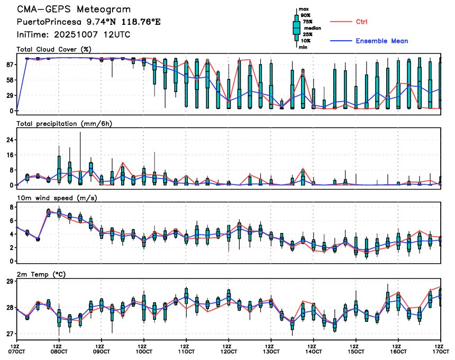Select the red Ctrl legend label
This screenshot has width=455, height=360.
(x=361, y=21)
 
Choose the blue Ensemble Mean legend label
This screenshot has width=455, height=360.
(x=381, y=41)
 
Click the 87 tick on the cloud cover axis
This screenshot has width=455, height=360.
(x=10, y=65)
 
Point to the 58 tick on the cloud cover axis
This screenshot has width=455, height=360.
(x=10, y=80)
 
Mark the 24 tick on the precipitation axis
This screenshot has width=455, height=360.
(x=10, y=140)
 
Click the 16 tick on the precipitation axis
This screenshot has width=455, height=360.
(x=10, y=155)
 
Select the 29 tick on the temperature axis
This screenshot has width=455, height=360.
(x=10, y=281)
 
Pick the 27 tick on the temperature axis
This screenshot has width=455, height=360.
(x=10, y=334)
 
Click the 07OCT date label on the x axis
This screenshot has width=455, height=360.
(x=17, y=351)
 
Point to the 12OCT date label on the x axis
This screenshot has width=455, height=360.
(x=229, y=351)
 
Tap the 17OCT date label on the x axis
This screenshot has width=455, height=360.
(x=440, y=351)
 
